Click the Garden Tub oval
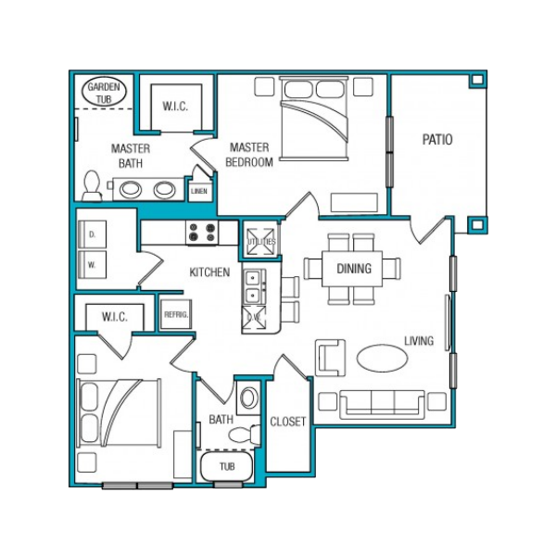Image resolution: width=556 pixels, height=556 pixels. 104,92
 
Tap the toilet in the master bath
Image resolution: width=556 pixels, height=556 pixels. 92,185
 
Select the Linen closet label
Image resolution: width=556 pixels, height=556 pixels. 199,191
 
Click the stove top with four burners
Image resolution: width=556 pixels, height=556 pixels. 202,233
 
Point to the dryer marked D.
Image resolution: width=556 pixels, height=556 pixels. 92,234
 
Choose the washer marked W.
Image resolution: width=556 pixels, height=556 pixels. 92,264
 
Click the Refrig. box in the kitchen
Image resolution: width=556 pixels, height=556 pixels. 176,314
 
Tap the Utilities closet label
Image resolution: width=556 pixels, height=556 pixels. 261,242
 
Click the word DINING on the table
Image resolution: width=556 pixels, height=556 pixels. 354,269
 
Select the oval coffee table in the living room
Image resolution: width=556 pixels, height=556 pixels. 382,358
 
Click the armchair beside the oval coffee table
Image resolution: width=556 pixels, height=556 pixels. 330,358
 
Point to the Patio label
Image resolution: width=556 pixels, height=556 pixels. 437,139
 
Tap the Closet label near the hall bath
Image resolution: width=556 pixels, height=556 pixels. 287,422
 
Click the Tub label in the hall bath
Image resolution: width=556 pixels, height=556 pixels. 227,466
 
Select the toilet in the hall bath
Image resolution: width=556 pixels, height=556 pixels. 245,435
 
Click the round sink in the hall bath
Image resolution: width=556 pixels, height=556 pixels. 249,398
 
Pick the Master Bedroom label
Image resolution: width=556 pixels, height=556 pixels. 249,155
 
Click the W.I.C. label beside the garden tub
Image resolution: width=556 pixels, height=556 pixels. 175,107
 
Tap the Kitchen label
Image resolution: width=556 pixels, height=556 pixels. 209,272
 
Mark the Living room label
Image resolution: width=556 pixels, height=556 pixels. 419,341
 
